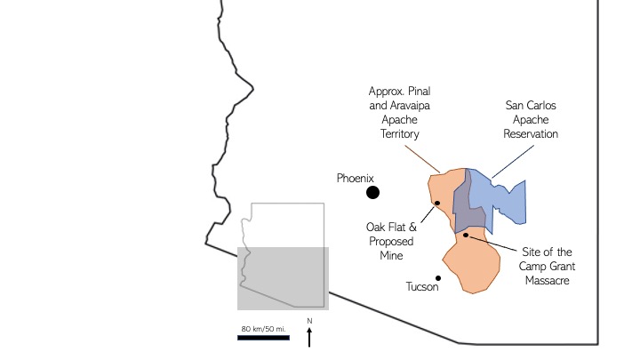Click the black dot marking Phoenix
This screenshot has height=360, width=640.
tap(372, 192)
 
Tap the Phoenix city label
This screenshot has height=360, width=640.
tap(357, 179)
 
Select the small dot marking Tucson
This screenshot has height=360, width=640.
tap(438, 276)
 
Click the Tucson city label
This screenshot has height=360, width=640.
tap(422, 287)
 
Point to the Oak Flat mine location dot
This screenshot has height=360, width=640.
tap(437, 204)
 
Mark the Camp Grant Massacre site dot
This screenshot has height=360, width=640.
tap(465, 235)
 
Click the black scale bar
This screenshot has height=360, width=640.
tap(263, 337)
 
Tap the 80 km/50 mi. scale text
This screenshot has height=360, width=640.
tap(263, 329)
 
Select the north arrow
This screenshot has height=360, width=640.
tap(309, 337)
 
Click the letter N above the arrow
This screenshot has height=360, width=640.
tap(309, 321)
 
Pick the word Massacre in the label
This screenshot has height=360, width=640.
tap(542, 281)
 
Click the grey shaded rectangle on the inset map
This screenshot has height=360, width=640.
tap(283, 278)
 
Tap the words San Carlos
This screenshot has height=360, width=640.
tap(530, 106)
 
